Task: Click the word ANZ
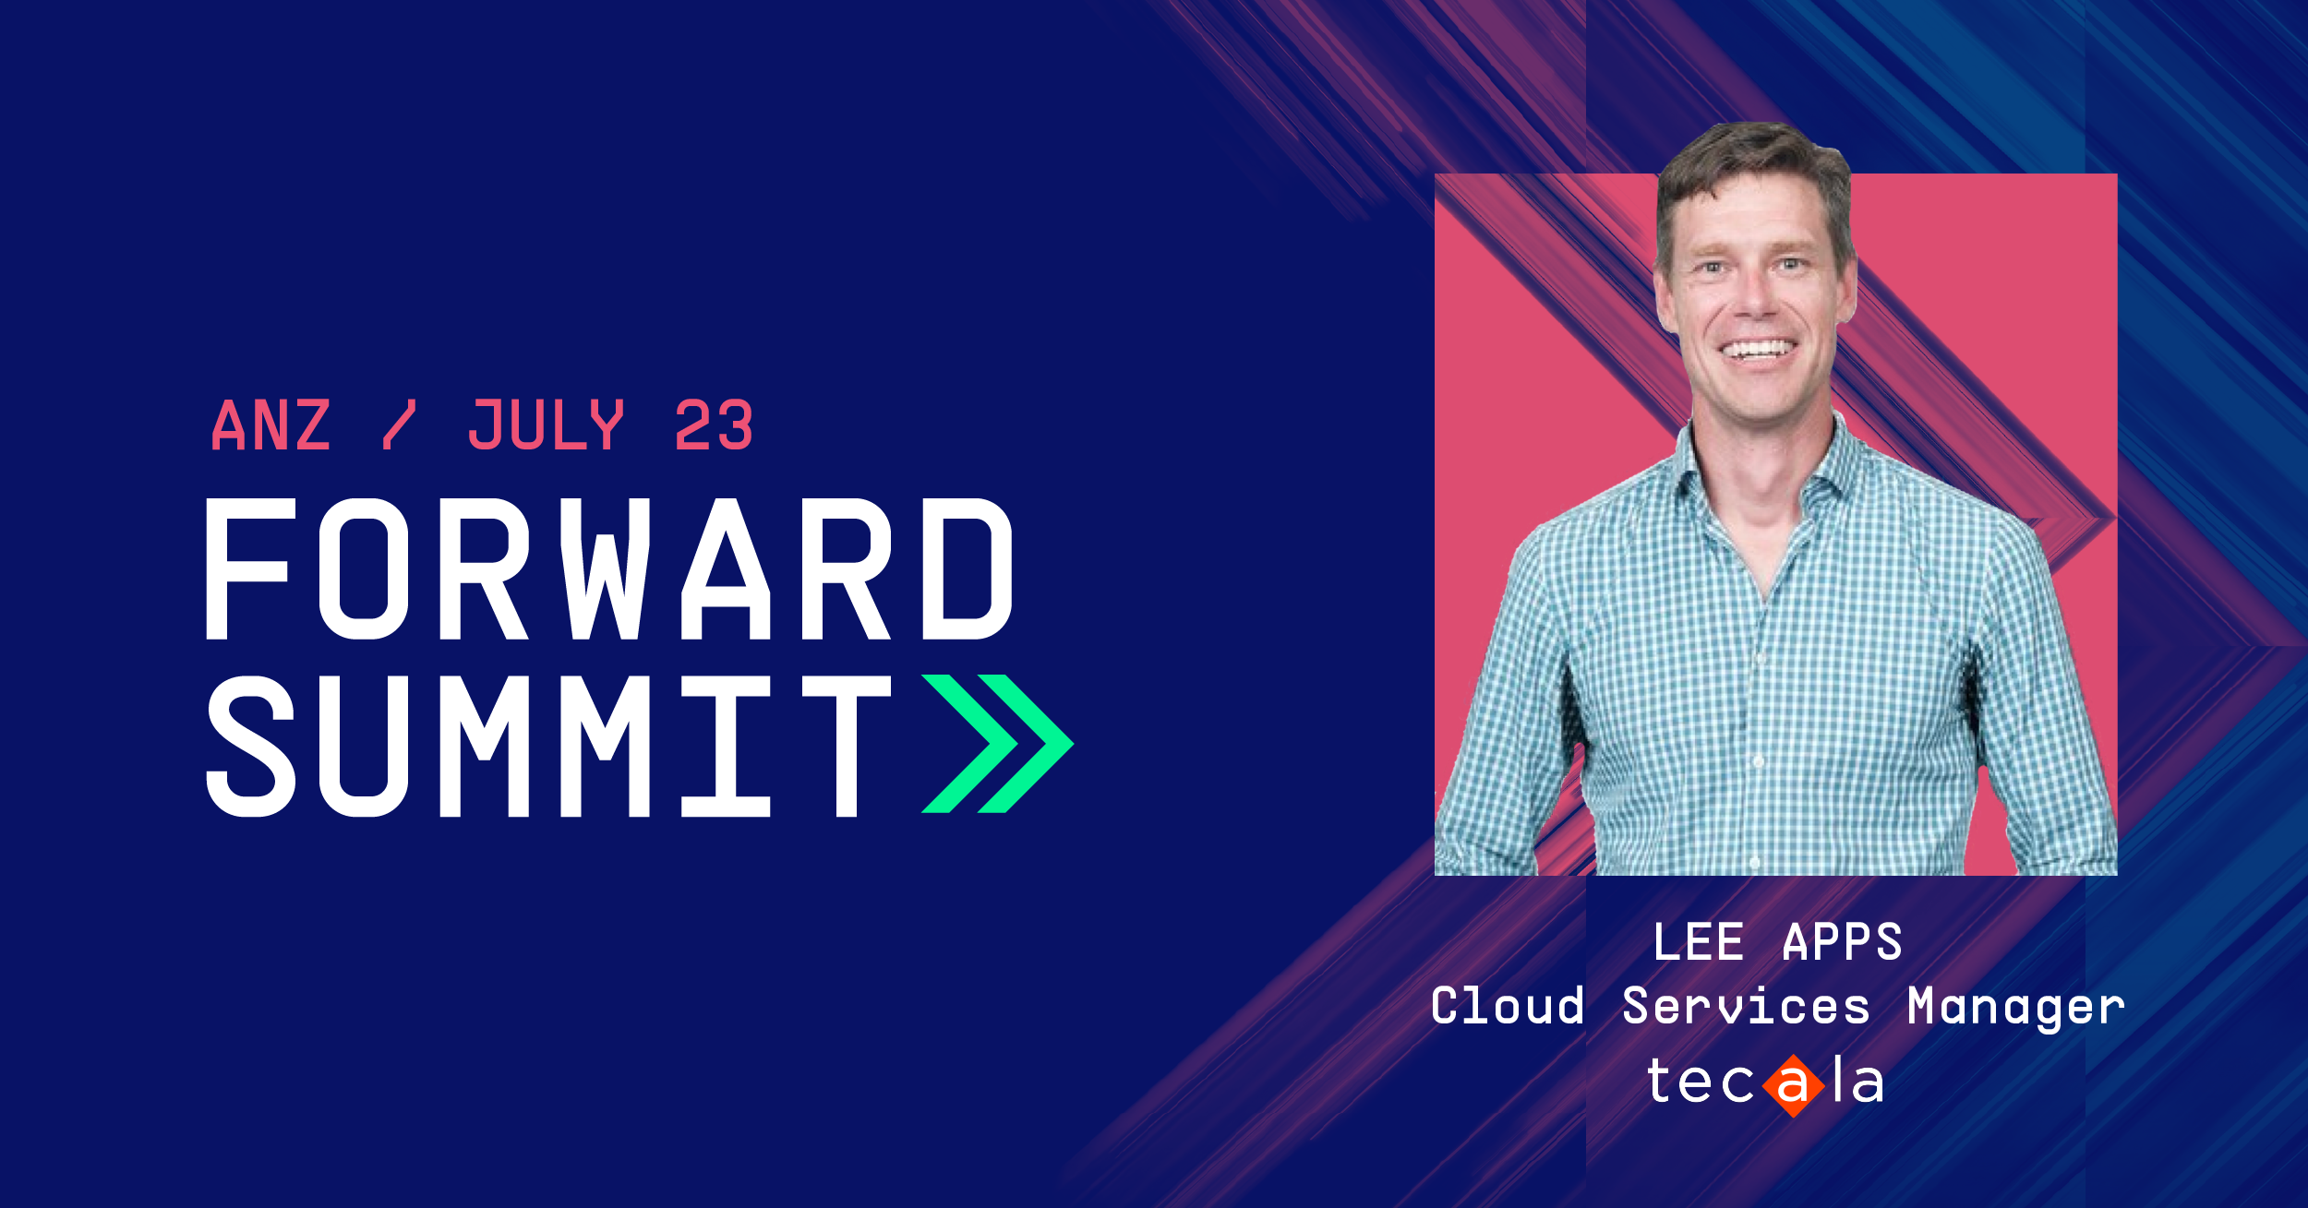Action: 270,425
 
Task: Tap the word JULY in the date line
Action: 547,425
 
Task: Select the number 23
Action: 714,425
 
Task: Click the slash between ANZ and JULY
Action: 399,425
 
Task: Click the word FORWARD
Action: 609,568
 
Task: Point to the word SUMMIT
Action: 548,746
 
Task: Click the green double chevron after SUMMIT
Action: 997,744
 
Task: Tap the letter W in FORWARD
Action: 606,568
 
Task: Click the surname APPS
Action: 1843,942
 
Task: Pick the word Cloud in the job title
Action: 1508,1005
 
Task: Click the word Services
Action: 1746,1005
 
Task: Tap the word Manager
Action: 2016,1008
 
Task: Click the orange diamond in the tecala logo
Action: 1793,1085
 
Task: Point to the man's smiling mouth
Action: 1759,351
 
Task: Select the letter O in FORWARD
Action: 364,568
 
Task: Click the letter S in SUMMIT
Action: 250,746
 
